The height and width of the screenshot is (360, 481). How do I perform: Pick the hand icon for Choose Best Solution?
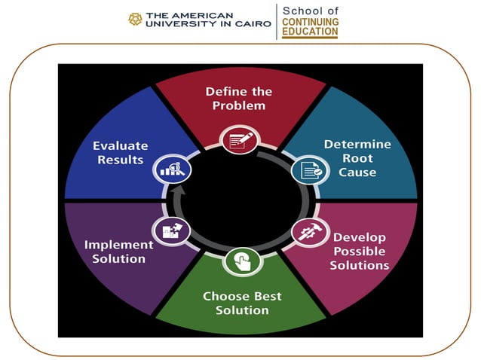click(x=243, y=262)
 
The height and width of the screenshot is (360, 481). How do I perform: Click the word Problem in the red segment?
click(x=239, y=105)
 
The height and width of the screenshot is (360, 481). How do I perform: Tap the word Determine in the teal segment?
click(x=358, y=144)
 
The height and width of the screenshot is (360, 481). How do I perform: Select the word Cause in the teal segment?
click(x=358, y=172)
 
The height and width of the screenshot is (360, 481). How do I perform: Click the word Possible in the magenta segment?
click(x=359, y=251)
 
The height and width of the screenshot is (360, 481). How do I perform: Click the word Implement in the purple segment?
click(x=119, y=245)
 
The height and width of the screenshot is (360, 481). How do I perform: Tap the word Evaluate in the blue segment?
click(x=121, y=145)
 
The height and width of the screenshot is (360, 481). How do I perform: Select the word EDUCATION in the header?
click(x=310, y=33)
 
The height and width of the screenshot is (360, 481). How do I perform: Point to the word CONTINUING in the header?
click(x=310, y=22)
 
